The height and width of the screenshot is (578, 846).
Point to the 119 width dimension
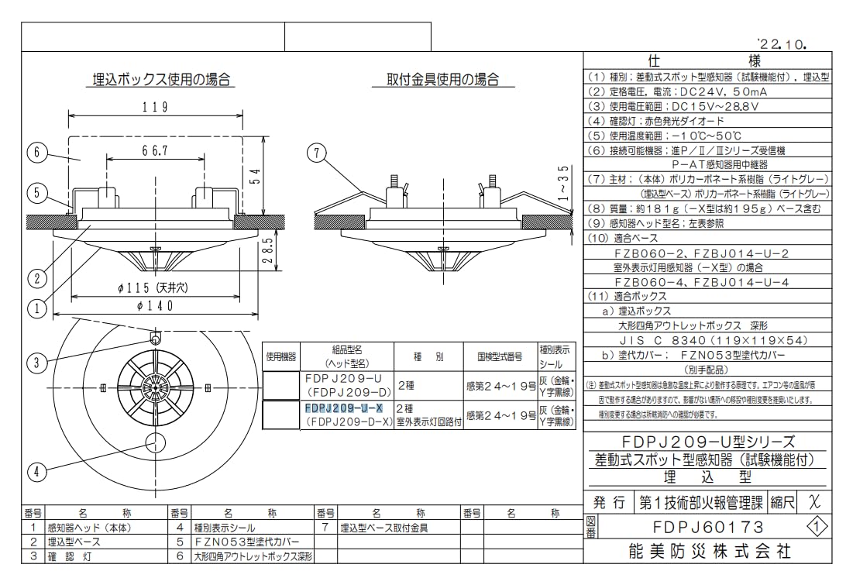coord(155,108)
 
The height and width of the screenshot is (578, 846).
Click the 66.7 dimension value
coord(155,150)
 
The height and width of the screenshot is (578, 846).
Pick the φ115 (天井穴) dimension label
coord(154,287)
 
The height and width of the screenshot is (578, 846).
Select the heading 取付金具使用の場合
coord(442,79)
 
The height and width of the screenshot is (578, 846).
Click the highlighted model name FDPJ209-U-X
coord(344,408)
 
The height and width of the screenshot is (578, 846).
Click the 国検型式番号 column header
coord(500,357)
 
